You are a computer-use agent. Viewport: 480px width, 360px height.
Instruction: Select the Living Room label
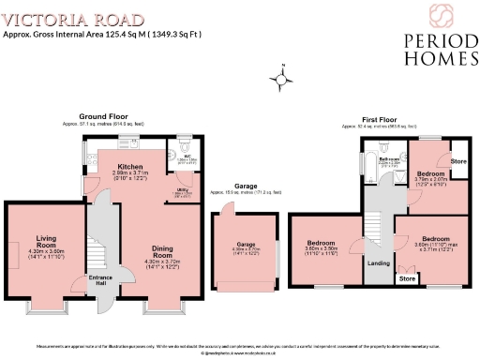coord(44,238)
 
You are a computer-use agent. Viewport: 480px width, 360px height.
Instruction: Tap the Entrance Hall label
coord(100,280)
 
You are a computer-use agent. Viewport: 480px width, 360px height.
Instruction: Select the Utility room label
coord(184,188)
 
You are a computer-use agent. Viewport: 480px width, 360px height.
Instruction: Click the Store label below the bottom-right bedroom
coord(406,278)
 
